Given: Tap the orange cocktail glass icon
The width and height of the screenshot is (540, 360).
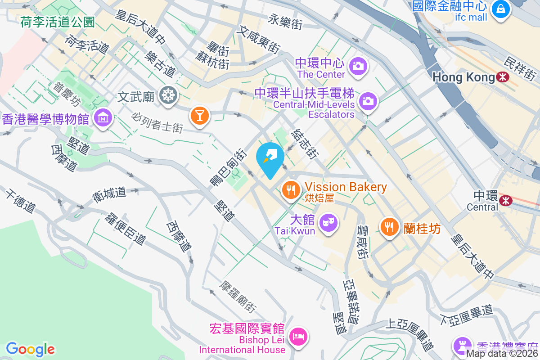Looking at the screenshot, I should [199, 115].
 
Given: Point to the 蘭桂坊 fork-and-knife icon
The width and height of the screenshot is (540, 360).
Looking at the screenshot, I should [389, 227].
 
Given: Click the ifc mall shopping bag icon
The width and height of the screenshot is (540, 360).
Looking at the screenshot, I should [500, 9].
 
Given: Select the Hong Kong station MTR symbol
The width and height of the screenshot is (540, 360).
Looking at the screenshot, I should [502, 77].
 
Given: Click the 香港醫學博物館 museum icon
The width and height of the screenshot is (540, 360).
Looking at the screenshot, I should [103, 118].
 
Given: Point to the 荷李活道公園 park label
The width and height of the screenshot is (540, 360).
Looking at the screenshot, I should [57, 22].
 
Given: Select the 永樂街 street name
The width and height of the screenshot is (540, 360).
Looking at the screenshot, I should [285, 21].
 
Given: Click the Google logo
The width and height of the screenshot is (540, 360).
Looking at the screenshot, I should [30, 349].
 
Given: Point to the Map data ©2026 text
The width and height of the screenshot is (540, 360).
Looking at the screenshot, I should [502, 354].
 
